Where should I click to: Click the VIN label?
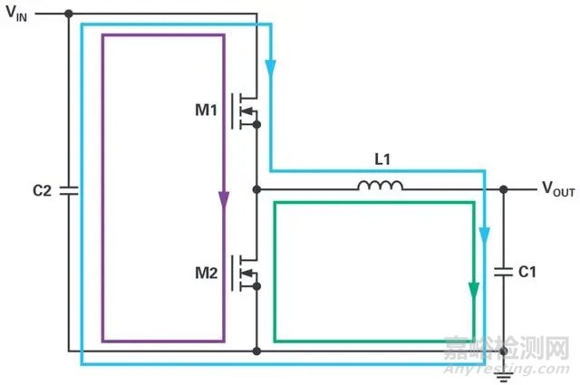(x=16, y=14)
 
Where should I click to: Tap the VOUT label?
(x=558, y=188)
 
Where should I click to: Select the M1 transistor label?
(x=206, y=110)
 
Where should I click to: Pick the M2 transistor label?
(x=206, y=273)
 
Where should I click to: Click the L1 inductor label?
(x=382, y=159)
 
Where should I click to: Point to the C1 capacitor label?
(x=527, y=272)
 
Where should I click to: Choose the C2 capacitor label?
(x=42, y=190)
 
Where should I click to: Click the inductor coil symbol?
(x=381, y=186)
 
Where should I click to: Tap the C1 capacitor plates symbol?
(x=504, y=272)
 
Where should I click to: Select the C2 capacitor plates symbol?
(x=69, y=190)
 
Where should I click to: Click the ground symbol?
(x=504, y=377)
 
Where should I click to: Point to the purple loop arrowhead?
(x=224, y=200)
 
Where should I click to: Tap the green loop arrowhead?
(x=474, y=291)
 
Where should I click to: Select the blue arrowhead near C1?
(x=485, y=236)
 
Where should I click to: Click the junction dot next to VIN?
(x=69, y=14)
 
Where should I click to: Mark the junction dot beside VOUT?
(x=504, y=189)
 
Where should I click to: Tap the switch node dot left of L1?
(x=256, y=189)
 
